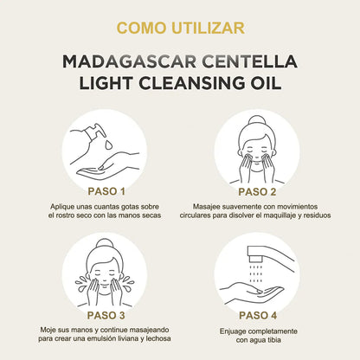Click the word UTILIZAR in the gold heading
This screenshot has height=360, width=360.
click(208, 28)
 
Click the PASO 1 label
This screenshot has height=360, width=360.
click(106, 191)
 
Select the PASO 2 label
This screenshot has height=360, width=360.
click(257, 192)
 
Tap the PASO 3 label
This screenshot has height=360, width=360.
click(106, 315)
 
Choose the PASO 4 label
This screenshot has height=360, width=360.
click(258, 315)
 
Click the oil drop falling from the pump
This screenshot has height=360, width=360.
click(108, 145)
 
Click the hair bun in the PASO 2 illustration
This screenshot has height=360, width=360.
click(256, 120)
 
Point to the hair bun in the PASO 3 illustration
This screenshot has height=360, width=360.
click(105, 244)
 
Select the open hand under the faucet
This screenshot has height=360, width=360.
click(252, 292)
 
